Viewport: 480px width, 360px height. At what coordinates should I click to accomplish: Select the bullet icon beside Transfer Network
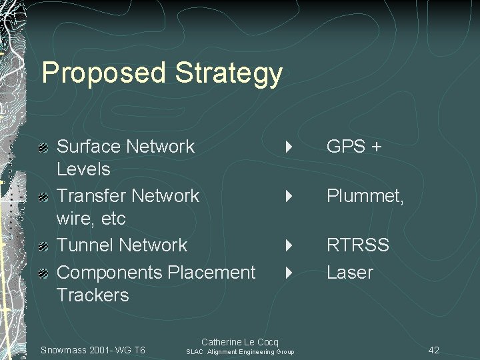point(43,197)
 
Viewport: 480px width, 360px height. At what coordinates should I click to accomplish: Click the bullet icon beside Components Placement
point(43,273)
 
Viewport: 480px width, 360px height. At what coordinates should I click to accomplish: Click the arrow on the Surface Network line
point(289,147)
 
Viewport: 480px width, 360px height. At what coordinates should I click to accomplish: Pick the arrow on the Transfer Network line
point(289,196)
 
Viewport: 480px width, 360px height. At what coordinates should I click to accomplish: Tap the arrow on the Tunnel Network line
point(289,245)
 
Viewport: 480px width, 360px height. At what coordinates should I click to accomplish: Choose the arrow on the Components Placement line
point(289,273)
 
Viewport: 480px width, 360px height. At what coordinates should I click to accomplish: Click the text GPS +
point(353,147)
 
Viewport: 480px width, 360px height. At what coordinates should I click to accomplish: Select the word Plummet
point(364,196)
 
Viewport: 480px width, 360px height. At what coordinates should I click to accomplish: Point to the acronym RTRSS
point(357,245)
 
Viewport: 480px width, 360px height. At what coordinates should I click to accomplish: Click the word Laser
point(349,273)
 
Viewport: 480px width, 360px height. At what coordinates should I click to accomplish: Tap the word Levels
point(83,169)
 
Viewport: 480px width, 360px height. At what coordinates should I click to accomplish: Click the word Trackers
point(93,295)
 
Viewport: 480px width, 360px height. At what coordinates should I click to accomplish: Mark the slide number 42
point(433,350)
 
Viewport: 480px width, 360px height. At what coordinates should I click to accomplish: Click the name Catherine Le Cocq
point(239,342)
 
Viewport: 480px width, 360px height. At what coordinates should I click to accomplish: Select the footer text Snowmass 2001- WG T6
point(93,350)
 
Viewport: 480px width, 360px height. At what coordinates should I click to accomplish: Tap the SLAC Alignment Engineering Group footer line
point(240,352)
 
